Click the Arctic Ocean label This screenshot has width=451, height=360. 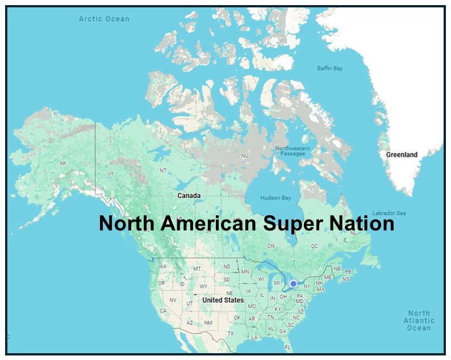(104, 19)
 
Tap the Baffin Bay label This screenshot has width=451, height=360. (329, 69)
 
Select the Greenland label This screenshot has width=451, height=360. (402, 154)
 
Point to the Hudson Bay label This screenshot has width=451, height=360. (275, 198)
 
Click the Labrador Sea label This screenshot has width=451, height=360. (389, 213)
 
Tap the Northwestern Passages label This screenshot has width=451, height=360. (293, 151)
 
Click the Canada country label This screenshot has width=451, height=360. (189, 195)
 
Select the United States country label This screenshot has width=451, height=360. (223, 300)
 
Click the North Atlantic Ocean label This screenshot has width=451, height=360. (419, 321)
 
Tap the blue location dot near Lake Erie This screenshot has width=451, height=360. (293, 284)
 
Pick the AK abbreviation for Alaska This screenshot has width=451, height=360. (62, 163)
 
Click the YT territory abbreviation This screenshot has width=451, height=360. (111, 174)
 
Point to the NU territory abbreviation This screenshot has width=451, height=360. (245, 156)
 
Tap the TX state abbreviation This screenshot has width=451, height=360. (231, 333)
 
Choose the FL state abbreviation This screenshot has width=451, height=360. (288, 347)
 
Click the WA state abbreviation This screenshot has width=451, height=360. (162, 266)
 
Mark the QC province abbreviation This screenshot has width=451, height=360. (314, 246)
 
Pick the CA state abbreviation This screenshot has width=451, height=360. (163, 311)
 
